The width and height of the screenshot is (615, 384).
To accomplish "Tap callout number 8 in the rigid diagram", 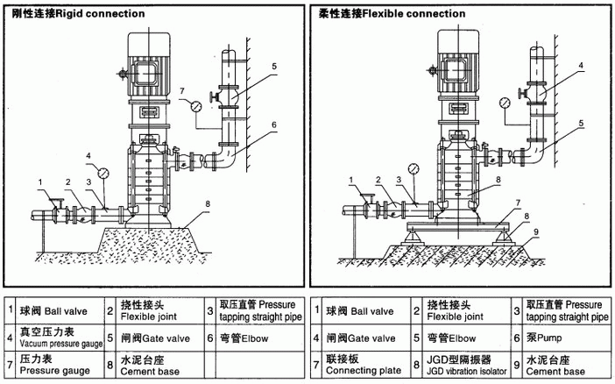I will click(x=207, y=204).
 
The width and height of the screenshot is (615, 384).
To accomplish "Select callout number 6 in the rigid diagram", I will click(x=273, y=125).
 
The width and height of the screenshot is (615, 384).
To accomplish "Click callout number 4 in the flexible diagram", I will click(x=580, y=66).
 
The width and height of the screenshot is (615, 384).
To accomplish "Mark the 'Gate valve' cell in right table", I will click(x=360, y=337).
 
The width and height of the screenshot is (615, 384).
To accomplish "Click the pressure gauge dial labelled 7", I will click(x=194, y=106).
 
